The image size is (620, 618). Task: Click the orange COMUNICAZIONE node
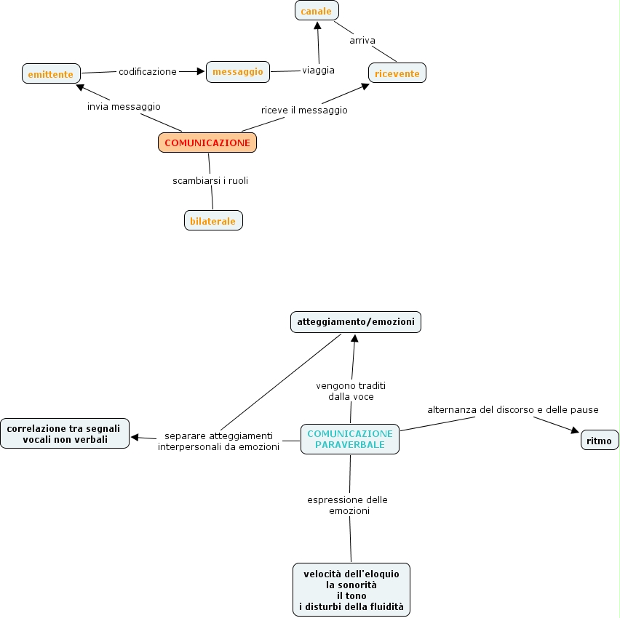tap(207, 143)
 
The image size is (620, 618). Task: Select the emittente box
tap(51, 73)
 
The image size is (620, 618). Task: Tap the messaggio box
tap(238, 71)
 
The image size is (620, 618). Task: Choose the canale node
tap(317, 11)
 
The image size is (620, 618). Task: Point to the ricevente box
tap(397, 73)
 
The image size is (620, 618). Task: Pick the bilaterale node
tap(213, 220)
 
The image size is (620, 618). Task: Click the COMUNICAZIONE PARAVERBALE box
tap(350, 439)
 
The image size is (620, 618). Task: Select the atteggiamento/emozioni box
tap(355, 321)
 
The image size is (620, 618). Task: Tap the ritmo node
tap(600, 441)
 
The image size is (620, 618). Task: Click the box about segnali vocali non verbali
tap(65, 433)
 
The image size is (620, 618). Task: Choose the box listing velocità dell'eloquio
tap(351, 590)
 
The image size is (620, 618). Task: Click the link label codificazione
tap(148, 72)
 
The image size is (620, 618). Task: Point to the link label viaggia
tap(319, 71)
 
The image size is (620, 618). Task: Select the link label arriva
tap(362, 41)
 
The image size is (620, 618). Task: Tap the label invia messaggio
tap(124, 107)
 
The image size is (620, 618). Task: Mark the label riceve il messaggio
tap(304, 111)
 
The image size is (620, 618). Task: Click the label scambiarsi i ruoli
tap(210, 181)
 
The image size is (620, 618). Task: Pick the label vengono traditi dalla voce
tap(350, 391)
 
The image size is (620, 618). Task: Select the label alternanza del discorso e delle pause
tap(513, 410)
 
